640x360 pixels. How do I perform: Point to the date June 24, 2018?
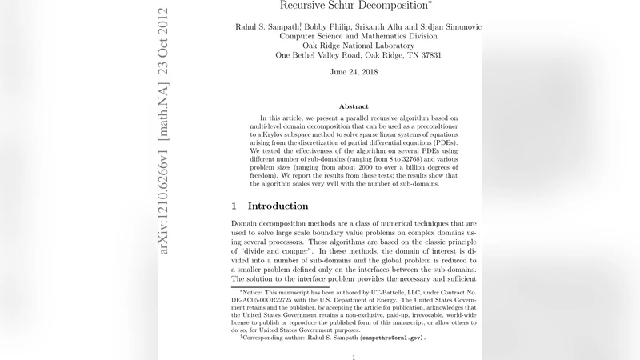(354, 72)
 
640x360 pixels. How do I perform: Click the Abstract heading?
(354, 106)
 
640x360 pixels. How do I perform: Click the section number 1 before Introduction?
(234, 206)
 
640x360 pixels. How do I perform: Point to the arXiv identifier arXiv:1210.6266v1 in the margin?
(164, 201)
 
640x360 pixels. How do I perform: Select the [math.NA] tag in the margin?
(164, 116)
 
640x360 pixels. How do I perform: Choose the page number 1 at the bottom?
(354, 357)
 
